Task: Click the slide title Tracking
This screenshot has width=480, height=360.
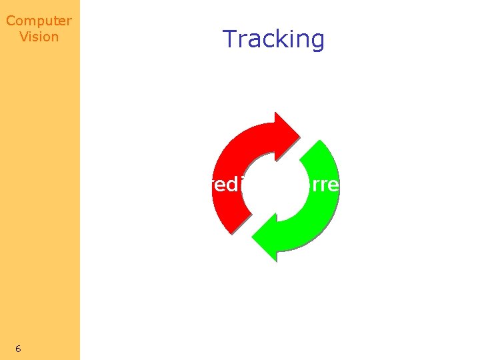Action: click(273, 39)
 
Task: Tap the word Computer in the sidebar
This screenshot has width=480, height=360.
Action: click(39, 21)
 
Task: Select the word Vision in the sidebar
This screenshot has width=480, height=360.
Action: click(39, 37)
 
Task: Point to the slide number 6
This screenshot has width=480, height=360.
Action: click(18, 349)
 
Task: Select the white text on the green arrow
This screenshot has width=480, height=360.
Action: click(323, 185)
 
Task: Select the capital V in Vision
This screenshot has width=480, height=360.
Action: click(23, 37)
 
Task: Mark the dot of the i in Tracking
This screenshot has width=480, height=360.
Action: click(289, 30)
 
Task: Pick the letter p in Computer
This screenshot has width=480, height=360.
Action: click(39, 22)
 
